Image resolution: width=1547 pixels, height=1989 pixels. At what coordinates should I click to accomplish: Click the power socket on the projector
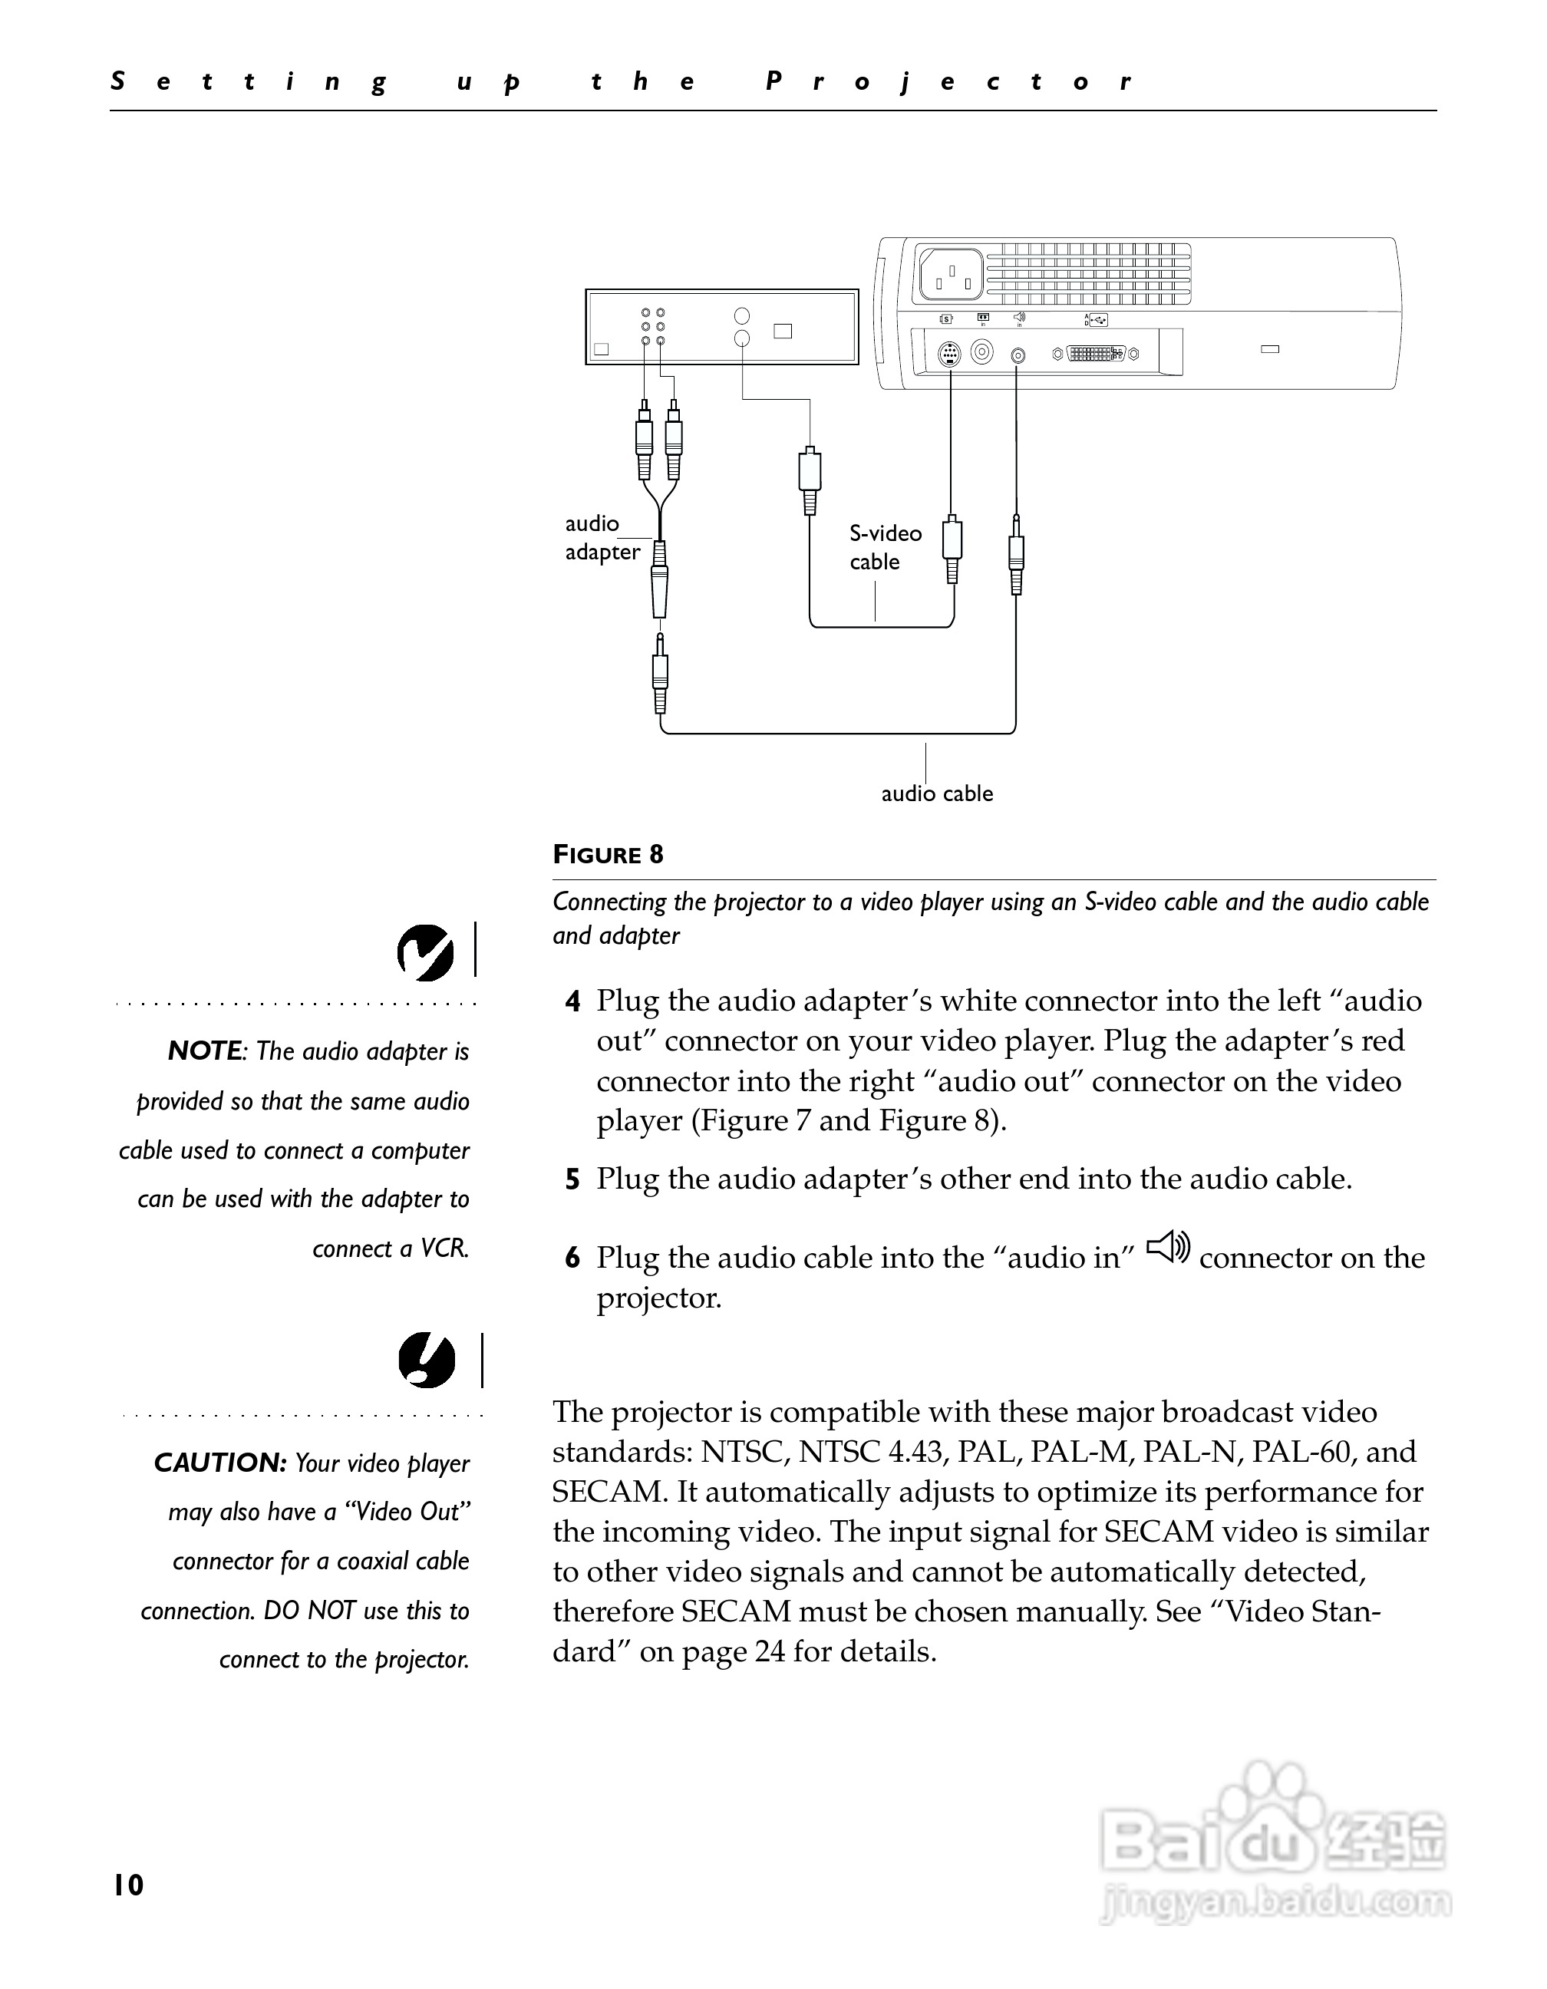click(951, 274)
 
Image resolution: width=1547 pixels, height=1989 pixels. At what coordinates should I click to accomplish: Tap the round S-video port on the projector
click(948, 353)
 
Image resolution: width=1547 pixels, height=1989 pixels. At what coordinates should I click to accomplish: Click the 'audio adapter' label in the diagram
click(602, 537)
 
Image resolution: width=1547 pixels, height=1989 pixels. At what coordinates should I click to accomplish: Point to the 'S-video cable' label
click(885, 547)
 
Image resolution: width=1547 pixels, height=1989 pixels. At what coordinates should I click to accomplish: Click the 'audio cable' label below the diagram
click(936, 793)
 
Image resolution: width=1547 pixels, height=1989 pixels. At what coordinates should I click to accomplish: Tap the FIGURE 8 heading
click(609, 854)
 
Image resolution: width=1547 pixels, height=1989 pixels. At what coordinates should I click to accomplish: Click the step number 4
click(572, 1001)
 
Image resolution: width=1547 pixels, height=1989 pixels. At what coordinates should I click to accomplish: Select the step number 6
click(572, 1258)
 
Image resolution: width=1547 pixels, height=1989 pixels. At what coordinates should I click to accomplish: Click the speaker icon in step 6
click(1167, 1247)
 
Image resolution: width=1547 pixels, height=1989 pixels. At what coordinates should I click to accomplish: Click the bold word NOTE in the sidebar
click(205, 1051)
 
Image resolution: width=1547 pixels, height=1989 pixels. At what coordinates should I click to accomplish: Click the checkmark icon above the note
click(425, 952)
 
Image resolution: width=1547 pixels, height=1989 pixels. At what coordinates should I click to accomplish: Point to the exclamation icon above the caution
click(426, 1361)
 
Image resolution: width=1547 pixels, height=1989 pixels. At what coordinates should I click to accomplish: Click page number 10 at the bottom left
click(128, 1885)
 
